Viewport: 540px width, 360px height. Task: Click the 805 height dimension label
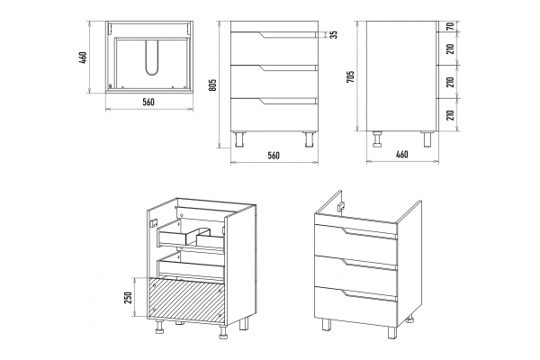[212, 85]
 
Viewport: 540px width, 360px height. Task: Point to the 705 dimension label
[350, 76]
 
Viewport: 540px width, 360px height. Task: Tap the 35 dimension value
[333, 34]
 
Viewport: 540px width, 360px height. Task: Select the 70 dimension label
[450, 26]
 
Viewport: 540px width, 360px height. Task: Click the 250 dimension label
[128, 298]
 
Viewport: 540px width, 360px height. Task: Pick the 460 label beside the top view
[82, 58]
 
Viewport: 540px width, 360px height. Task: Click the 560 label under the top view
[148, 102]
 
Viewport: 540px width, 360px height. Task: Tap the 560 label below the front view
[274, 156]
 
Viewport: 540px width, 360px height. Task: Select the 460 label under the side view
[401, 154]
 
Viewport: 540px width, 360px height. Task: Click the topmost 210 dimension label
[450, 49]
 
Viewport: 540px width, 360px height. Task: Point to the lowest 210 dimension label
[450, 114]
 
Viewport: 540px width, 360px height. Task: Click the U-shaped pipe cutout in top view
[151, 58]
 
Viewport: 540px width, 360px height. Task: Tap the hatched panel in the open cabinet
[186, 300]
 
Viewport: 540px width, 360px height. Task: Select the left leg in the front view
[239, 139]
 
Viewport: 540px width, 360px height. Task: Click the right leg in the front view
[309, 139]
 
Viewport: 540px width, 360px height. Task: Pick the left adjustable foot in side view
[378, 139]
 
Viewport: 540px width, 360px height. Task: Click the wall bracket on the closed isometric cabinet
[341, 206]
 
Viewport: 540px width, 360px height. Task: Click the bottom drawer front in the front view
[274, 114]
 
